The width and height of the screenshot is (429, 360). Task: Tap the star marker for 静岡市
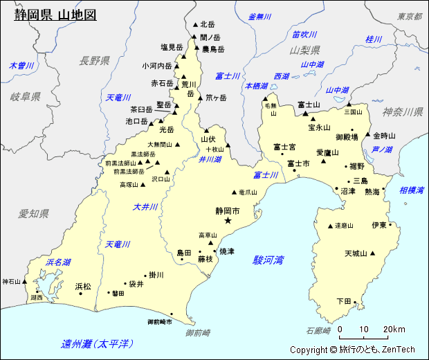pos(228,221)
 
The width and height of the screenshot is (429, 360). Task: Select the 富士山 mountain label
pos(309,105)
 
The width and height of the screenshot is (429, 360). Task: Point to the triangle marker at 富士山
pos(304,113)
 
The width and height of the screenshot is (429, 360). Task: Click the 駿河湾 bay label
pos(268,260)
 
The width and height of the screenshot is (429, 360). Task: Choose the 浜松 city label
pos(82,286)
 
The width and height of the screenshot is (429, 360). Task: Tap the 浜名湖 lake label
pos(58,262)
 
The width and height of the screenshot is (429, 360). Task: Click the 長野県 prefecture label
pos(95,61)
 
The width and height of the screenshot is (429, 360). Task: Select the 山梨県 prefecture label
pos(304,50)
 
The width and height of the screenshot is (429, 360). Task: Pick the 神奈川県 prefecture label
pos(403,112)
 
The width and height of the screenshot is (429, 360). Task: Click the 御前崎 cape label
pos(199,333)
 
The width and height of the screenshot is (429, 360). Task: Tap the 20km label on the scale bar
pos(394,328)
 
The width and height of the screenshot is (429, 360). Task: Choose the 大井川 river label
pos(145,207)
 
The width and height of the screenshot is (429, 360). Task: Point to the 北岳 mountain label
pos(208,24)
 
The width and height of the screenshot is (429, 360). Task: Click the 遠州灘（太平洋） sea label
pos(97,344)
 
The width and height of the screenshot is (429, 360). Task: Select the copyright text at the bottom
pos(352,350)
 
